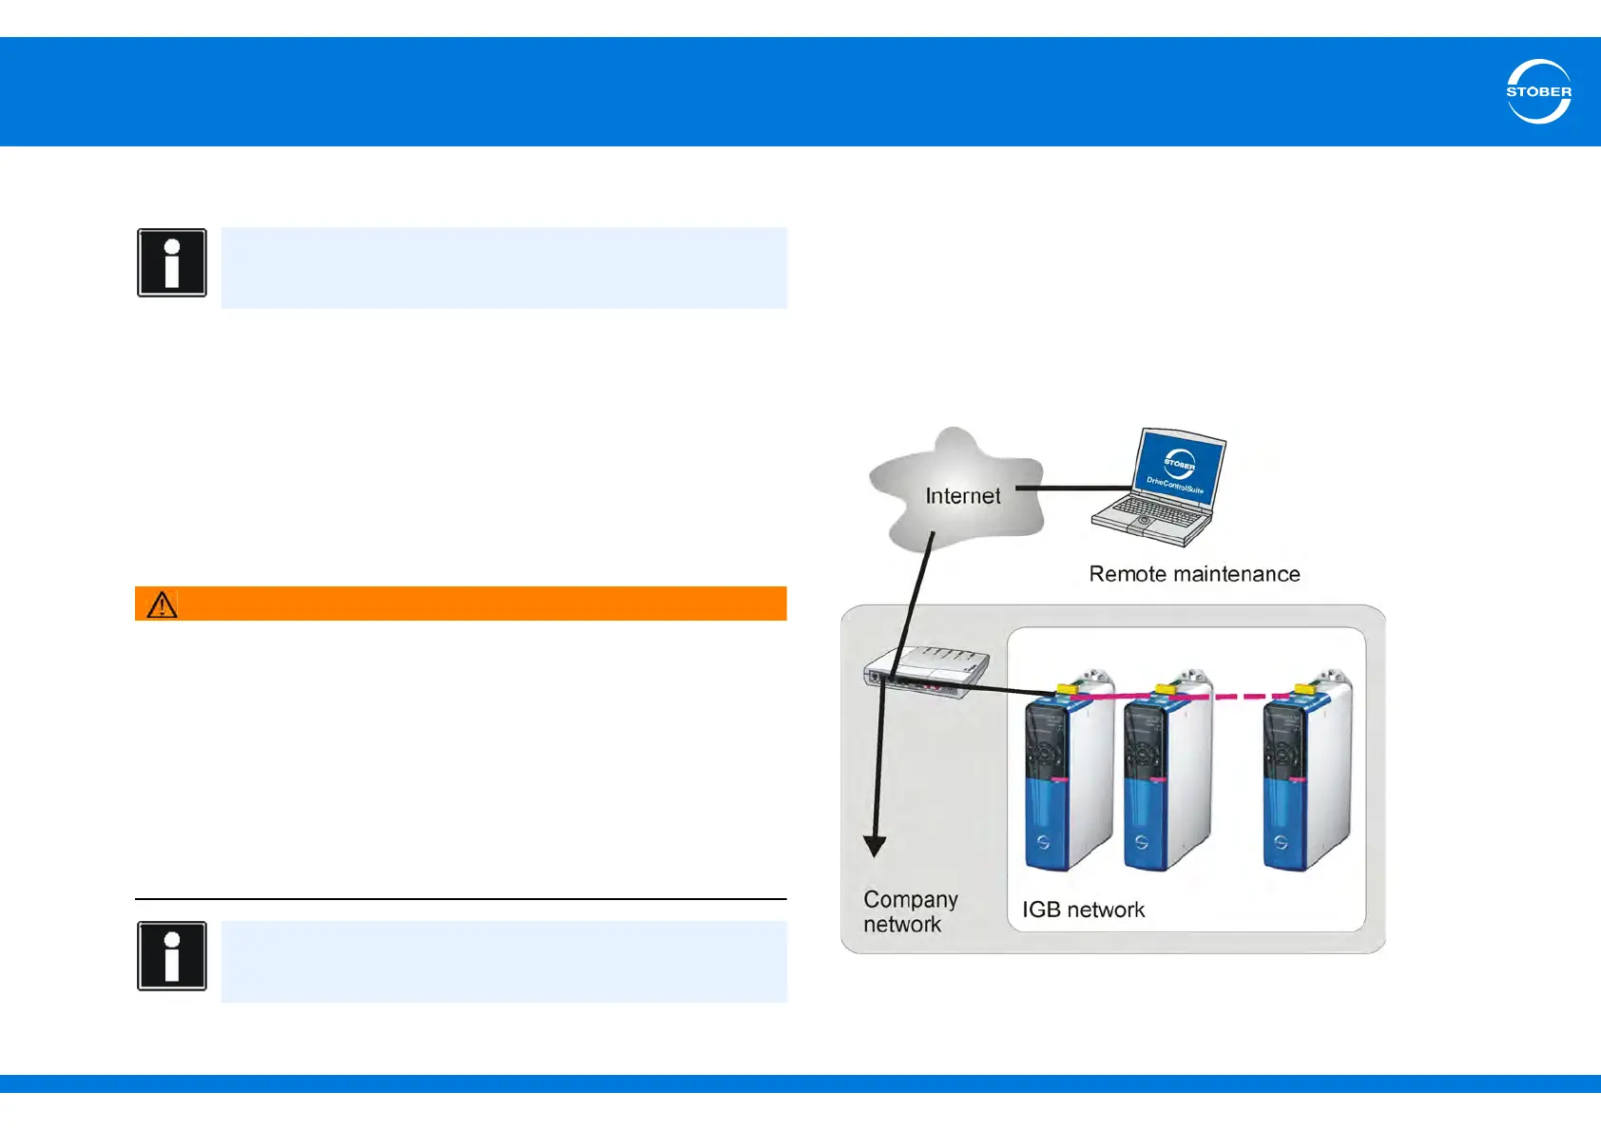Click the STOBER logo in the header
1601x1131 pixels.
click(1538, 91)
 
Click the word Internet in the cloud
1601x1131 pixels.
click(962, 496)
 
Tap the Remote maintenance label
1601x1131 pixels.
click(1194, 574)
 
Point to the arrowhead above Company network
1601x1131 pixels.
click(875, 845)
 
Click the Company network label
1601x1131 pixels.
click(909, 911)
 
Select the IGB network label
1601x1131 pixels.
click(1083, 910)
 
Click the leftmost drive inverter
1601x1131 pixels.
click(1067, 775)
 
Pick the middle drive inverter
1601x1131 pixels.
click(1166, 775)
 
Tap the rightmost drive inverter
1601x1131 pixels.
click(1304, 775)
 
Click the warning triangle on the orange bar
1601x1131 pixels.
click(163, 604)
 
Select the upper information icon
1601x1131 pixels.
click(172, 262)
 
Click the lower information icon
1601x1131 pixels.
click(172, 956)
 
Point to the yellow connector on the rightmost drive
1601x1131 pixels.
click(1304, 687)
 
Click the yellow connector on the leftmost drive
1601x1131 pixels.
click(1066, 687)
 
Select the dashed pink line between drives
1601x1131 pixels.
click(1236, 697)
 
